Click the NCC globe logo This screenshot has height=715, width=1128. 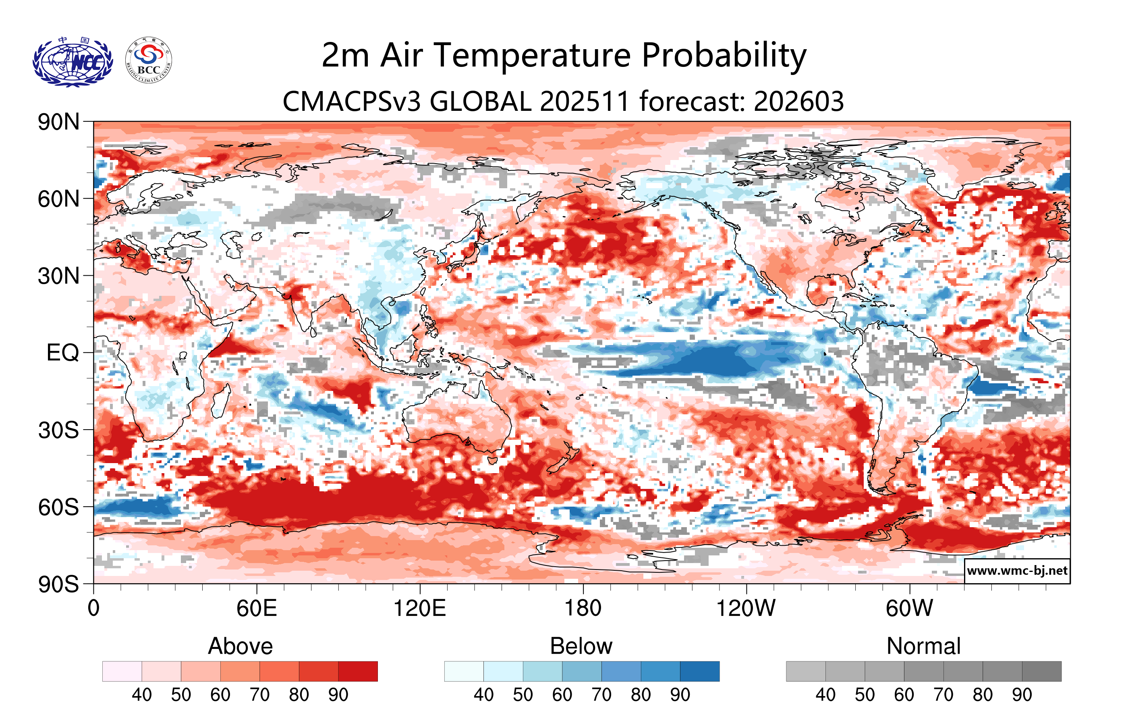73,62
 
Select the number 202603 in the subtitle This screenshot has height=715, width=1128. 799,101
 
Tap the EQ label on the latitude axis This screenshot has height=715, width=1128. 63,353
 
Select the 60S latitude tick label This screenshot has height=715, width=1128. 58,507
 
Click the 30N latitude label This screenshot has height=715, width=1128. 58,276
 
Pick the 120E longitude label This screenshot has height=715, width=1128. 419,609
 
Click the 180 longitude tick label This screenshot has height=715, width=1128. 583,609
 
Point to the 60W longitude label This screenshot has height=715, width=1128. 909,609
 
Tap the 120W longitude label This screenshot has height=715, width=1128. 746,609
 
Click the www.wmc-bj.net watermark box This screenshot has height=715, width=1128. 1017,571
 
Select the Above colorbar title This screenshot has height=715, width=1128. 241,646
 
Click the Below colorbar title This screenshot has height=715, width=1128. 581,646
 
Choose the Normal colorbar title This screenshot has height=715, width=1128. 923,646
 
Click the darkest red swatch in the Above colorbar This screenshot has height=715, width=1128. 358,671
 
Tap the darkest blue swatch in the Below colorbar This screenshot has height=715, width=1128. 699,671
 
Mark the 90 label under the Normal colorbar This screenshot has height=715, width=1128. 1022,694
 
